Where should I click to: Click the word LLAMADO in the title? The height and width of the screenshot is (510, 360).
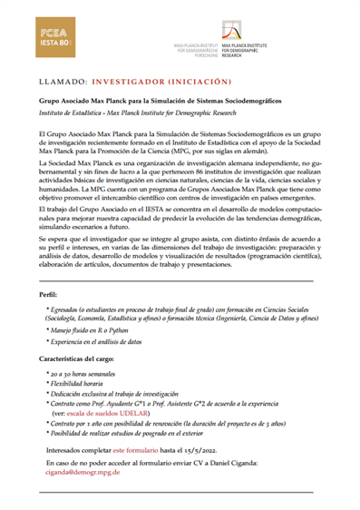click(x=65, y=80)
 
